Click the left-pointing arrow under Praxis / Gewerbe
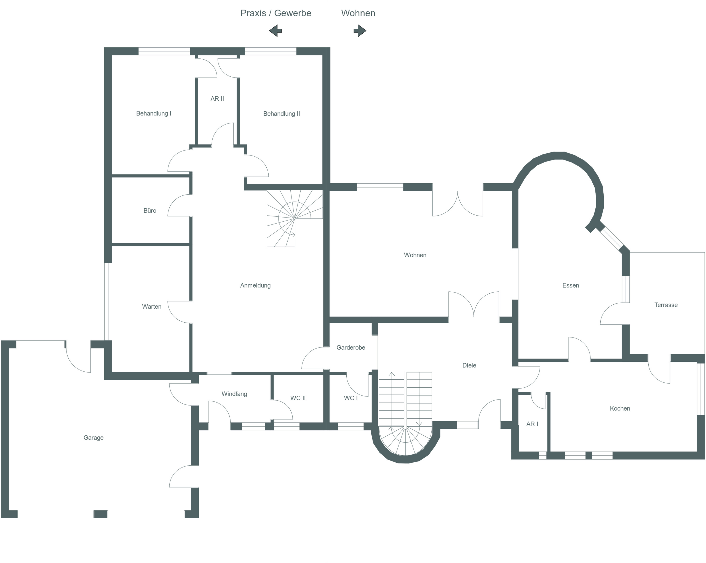pos(276,31)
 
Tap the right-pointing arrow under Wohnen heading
pos(360,31)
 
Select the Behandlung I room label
pos(154,114)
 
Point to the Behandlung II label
pos(282,114)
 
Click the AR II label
pos(217,98)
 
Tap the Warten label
pos(152,307)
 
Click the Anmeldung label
pos(255,285)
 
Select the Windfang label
pos(234,394)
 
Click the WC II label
pos(298,398)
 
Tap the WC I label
pos(351,398)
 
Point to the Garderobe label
pos(351,348)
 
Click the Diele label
pos(469,365)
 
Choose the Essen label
pos(571,285)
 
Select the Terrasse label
pos(666,305)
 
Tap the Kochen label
pos(620,409)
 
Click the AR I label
pos(532,424)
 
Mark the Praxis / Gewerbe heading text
pos(276,13)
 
